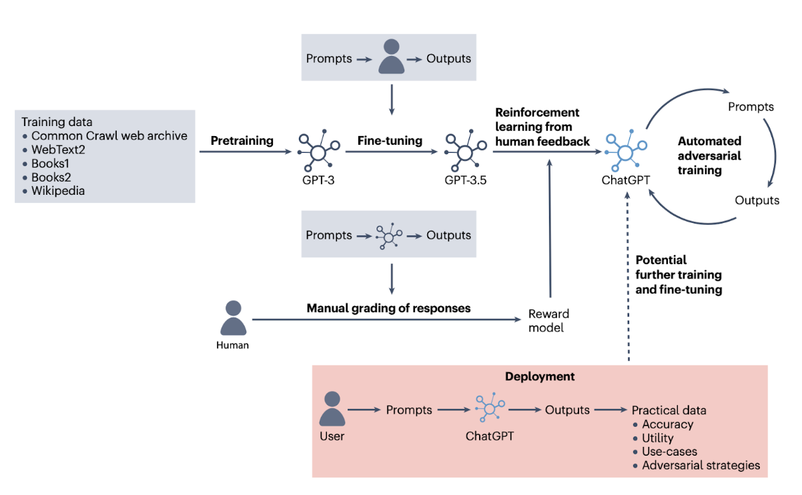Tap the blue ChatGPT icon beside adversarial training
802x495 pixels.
[625, 152]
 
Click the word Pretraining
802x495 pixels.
[242, 141]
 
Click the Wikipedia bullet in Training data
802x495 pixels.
[58, 191]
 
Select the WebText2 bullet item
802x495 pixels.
[58, 149]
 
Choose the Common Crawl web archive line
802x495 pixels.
[109, 136]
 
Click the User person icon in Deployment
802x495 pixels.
[332, 408]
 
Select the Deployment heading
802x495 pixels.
[540, 376]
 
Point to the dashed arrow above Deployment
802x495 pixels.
[628, 280]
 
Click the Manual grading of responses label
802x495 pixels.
[388, 308]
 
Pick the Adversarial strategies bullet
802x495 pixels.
[701, 466]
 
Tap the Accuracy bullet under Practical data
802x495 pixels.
[667, 424]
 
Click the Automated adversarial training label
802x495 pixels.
[709, 155]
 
